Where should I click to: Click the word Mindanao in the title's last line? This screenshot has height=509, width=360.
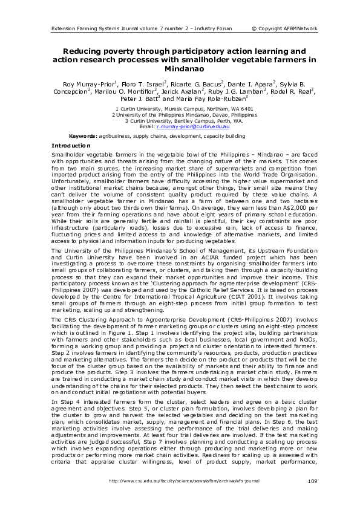[180, 70]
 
